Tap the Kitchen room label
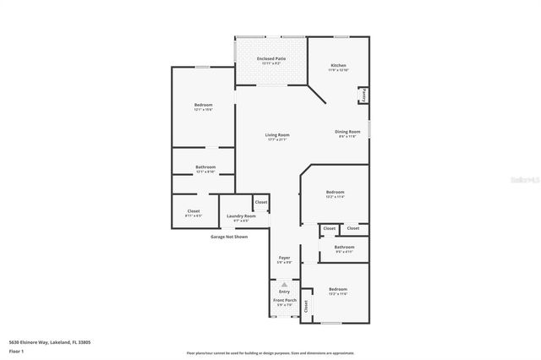tap(338, 65)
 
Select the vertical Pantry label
tap(363, 96)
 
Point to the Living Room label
tap(277, 134)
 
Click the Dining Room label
tap(347, 132)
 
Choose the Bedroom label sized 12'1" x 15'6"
tap(203, 105)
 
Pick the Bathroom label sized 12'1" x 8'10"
tap(205, 166)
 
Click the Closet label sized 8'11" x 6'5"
tap(194, 211)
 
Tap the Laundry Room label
tap(241, 216)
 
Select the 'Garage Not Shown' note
tap(229, 237)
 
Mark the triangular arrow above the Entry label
tap(284, 285)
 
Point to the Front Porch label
tap(284, 300)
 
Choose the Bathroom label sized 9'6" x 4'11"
tap(343, 247)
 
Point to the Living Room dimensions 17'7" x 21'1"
tap(277, 139)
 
